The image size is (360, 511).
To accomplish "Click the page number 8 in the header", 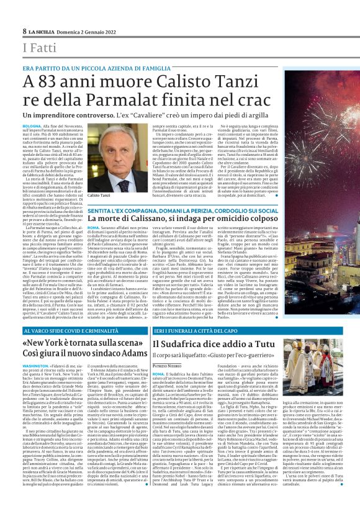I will pyautogui.click(x=24, y=30).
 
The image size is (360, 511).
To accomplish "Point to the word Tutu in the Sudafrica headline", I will pyautogui.click(x=271, y=343).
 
